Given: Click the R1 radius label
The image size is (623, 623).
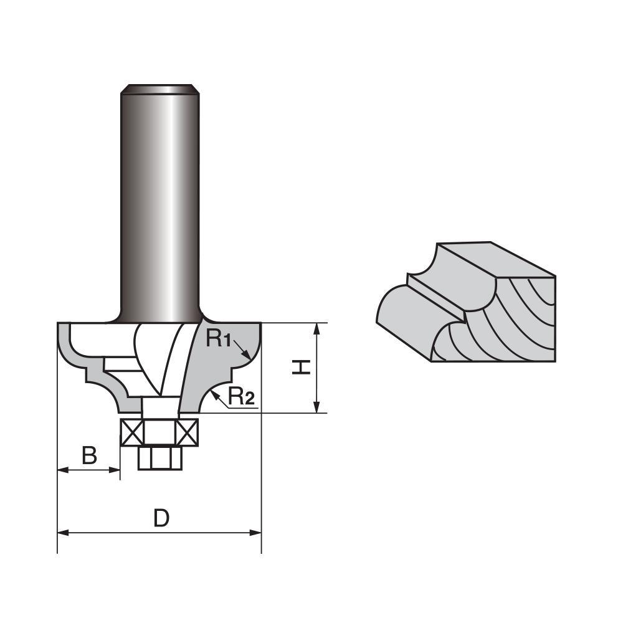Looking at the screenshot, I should point(219,340).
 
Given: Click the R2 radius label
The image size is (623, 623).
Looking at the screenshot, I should point(241,396).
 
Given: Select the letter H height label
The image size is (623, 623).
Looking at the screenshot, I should point(302,368).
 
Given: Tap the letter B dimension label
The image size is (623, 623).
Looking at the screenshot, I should point(90,456).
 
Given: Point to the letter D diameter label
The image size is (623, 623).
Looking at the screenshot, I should point(161,518).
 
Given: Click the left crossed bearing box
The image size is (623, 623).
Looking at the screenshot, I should point(131,431).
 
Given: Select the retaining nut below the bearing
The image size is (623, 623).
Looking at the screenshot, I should point(159,459).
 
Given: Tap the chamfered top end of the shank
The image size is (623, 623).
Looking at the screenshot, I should point(159,88).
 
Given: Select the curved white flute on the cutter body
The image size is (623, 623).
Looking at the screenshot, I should point(150,355).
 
